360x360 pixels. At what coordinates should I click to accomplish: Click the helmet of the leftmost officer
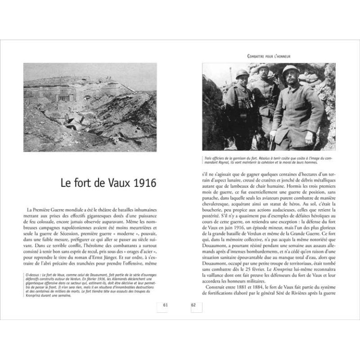click(241, 74)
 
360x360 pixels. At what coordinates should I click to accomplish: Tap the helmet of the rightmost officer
click(290, 70)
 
